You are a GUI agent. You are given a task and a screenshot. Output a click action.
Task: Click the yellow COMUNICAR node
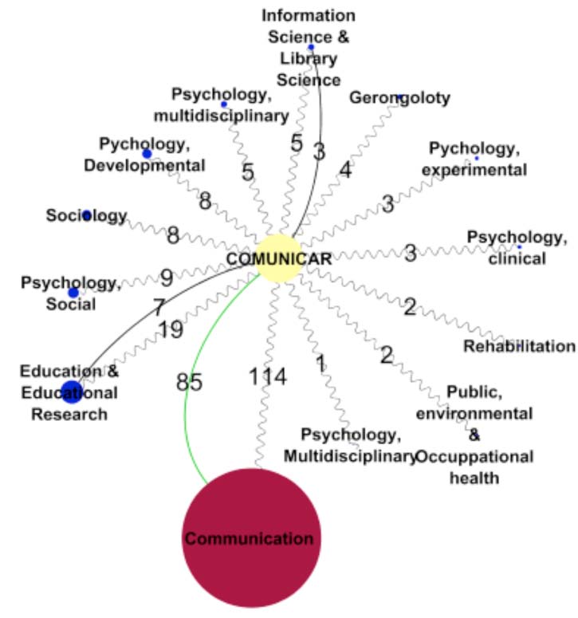click(278, 258)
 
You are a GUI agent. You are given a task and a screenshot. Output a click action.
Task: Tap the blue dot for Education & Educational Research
click(72, 391)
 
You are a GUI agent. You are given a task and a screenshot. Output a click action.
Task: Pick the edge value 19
click(170, 329)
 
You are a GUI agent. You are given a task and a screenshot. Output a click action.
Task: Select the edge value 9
click(167, 278)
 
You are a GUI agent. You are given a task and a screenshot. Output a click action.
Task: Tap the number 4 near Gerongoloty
click(344, 169)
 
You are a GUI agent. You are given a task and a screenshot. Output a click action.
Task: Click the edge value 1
click(320, 364)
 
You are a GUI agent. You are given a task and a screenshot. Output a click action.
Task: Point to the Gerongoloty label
click(400, 98)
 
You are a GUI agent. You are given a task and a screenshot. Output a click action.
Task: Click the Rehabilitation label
click(519, 346)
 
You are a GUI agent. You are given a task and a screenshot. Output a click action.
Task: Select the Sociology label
click(86, 215)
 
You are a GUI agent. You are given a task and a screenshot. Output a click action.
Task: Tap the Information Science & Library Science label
click(309, 48)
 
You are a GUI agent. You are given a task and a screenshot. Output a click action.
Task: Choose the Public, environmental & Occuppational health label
click(475, 435)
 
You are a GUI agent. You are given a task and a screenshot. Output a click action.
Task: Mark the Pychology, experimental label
click(477, 159)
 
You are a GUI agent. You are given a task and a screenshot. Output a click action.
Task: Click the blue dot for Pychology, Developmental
click(147, 153)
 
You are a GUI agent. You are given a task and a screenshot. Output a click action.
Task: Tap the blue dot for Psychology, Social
click(73, 293)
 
